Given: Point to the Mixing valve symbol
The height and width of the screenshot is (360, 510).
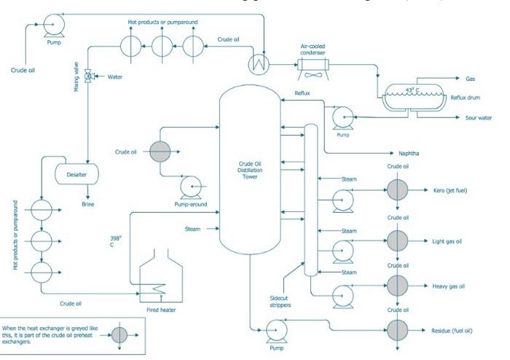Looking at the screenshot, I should coord(89,76).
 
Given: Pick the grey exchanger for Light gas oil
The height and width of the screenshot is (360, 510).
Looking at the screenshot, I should coord(396,241).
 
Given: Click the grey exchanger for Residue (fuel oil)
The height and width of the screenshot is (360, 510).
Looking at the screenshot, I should coord(396,331).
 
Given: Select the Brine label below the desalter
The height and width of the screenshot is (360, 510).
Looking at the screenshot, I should coord(88,206).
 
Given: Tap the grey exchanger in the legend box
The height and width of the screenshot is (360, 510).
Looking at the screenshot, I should coord(119,334).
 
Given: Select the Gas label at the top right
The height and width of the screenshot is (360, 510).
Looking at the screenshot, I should coord(471,78).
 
